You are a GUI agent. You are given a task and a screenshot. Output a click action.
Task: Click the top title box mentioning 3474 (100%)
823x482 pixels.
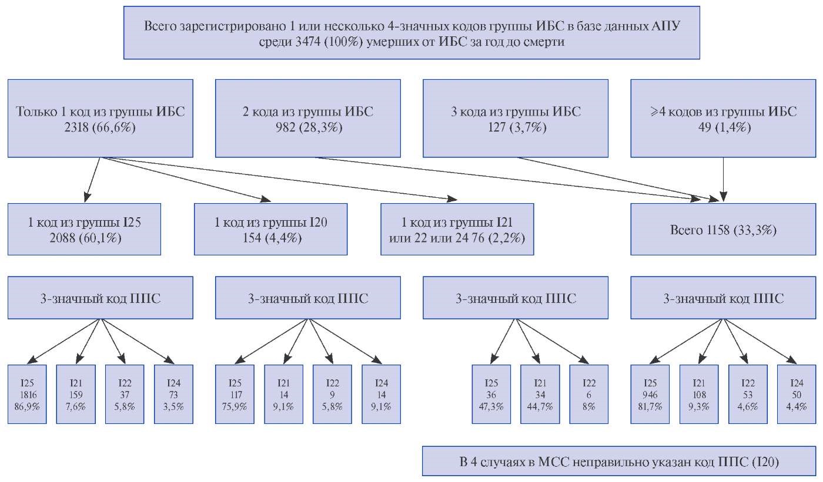coord(411,33)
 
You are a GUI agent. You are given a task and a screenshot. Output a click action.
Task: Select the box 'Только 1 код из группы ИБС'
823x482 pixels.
coord(101,119)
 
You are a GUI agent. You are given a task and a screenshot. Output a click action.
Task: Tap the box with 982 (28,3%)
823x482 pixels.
coord(308,119)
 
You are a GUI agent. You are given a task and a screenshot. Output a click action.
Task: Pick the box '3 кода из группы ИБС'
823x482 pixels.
coord(516,119)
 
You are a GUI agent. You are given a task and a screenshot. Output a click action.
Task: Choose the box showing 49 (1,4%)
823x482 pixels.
coord(723,119)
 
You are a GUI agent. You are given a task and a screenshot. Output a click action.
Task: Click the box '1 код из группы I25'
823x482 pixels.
coord(84,230)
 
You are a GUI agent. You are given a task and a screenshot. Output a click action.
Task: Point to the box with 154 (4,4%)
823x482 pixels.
coord(271,230)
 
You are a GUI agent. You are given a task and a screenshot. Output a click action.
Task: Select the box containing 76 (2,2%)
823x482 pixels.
coord(457,230)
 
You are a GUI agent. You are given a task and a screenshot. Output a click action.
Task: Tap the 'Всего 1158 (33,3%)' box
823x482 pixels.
coord(723,230)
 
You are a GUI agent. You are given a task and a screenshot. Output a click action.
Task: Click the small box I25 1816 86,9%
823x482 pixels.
coord(27,395)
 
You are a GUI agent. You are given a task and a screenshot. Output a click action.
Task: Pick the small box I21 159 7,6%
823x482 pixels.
coord(76,395)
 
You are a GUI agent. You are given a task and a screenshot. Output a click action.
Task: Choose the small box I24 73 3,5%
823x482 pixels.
coord(173,395)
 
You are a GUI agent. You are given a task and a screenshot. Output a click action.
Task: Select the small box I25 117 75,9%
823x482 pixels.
coord(235,395)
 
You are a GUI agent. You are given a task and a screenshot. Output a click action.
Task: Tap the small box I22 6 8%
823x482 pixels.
coord(589,395)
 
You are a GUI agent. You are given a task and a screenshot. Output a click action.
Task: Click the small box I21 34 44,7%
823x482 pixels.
coord(540,395)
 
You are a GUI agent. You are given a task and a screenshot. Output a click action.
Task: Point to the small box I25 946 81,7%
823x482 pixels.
coord(650,395)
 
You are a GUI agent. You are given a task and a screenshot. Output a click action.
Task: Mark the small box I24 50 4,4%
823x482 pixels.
coord(797,395)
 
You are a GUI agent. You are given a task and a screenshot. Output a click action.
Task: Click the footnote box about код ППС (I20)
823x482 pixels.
coord(619,461)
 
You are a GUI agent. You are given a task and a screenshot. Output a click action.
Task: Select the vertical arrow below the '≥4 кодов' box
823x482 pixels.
coord(724,180)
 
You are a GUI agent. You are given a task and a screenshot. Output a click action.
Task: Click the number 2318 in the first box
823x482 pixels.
coord(76,127)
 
